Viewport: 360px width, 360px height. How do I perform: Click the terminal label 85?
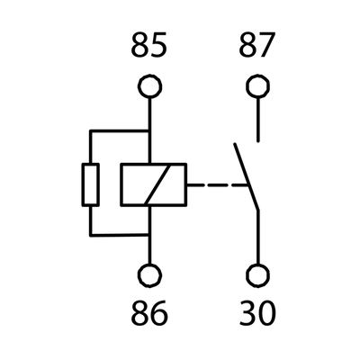pyautogui.click(x=149, y=45)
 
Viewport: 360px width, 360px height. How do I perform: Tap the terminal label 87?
pyautogui.click(x=256, y=45)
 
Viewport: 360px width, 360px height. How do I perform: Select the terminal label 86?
pyautogui.click(x=149, y=312)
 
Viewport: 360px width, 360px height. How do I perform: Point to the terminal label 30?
pyautogui.click(x=257, y=312)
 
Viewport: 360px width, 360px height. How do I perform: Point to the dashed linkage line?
pyautogui.click(x=217, y=184)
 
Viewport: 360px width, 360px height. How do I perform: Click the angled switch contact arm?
pyautogui.click(x=247, y=177)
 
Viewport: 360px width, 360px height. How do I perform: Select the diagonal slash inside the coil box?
pyautogui.click(x=157, y=184)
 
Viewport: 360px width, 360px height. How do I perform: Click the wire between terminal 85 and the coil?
pyautogui.click(x=149, y=131)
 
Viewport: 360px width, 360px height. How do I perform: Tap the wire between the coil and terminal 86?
pyautogui.click(x=149, y=235)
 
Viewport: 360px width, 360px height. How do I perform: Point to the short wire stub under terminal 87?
pyautogui.click(x=257, y=120)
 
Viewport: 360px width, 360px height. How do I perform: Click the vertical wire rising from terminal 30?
pyautogui.click(x=257, y=237)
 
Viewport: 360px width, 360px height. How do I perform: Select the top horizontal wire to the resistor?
pyautogui.click(x=120, y=131)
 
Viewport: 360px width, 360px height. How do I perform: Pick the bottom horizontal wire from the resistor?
pyautogui.click(x=120, y=235)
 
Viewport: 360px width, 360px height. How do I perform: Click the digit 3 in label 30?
pyautogui.click(x=247, y=312)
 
